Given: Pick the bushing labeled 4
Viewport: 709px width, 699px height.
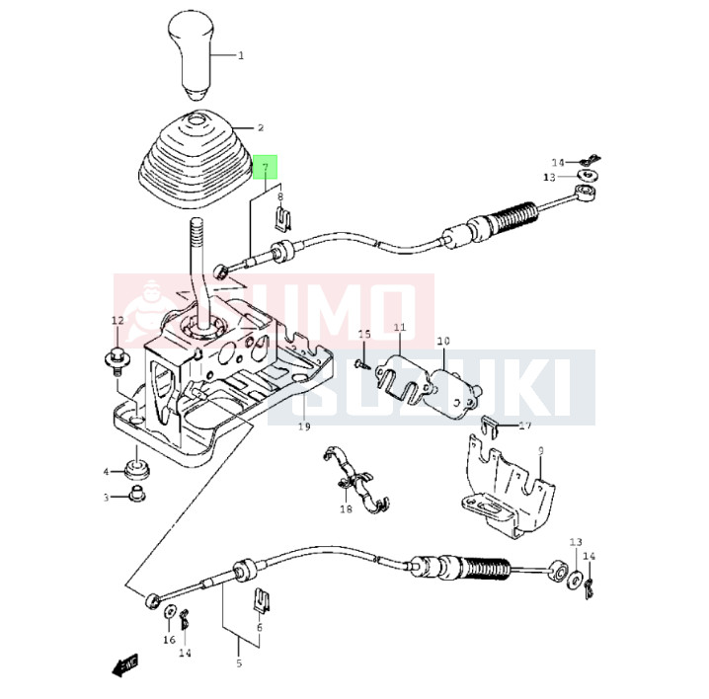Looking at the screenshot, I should click(x=134, y=465).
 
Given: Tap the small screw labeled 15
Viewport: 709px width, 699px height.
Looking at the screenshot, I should click(x=365, y=363).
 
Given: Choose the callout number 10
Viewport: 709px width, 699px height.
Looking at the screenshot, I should click(x=443, y=341).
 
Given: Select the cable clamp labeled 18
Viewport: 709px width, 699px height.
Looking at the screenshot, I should click(x=354, y=483).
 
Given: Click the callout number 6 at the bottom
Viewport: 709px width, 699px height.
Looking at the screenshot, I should click(x=260, y=626).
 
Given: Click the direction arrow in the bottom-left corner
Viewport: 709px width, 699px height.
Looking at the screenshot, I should click(x=125, y=667).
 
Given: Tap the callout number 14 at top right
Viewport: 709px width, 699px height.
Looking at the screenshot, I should click(x=558, y=162).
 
